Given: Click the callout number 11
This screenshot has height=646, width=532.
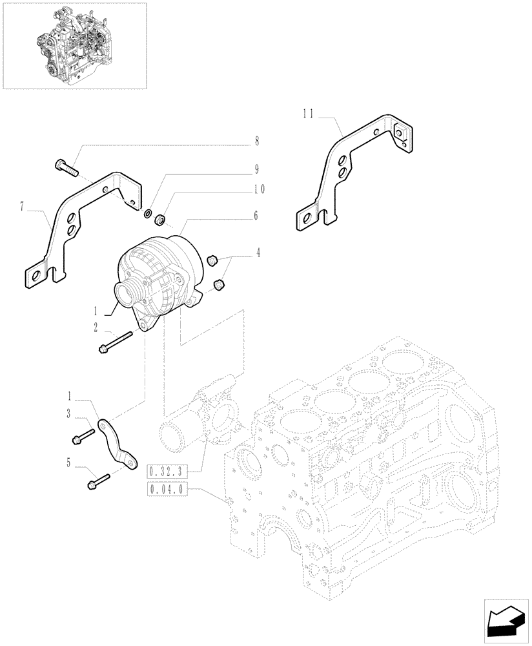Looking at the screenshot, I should click(x=308, y=116).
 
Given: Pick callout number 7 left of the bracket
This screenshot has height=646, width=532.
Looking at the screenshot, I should click(x=22, y=207).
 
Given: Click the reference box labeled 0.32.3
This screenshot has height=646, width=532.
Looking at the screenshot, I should click(x=167, y=470).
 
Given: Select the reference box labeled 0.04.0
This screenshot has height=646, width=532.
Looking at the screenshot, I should click(x=167, y=490).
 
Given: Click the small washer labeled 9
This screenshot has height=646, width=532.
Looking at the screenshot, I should click(x=148, y=213).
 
